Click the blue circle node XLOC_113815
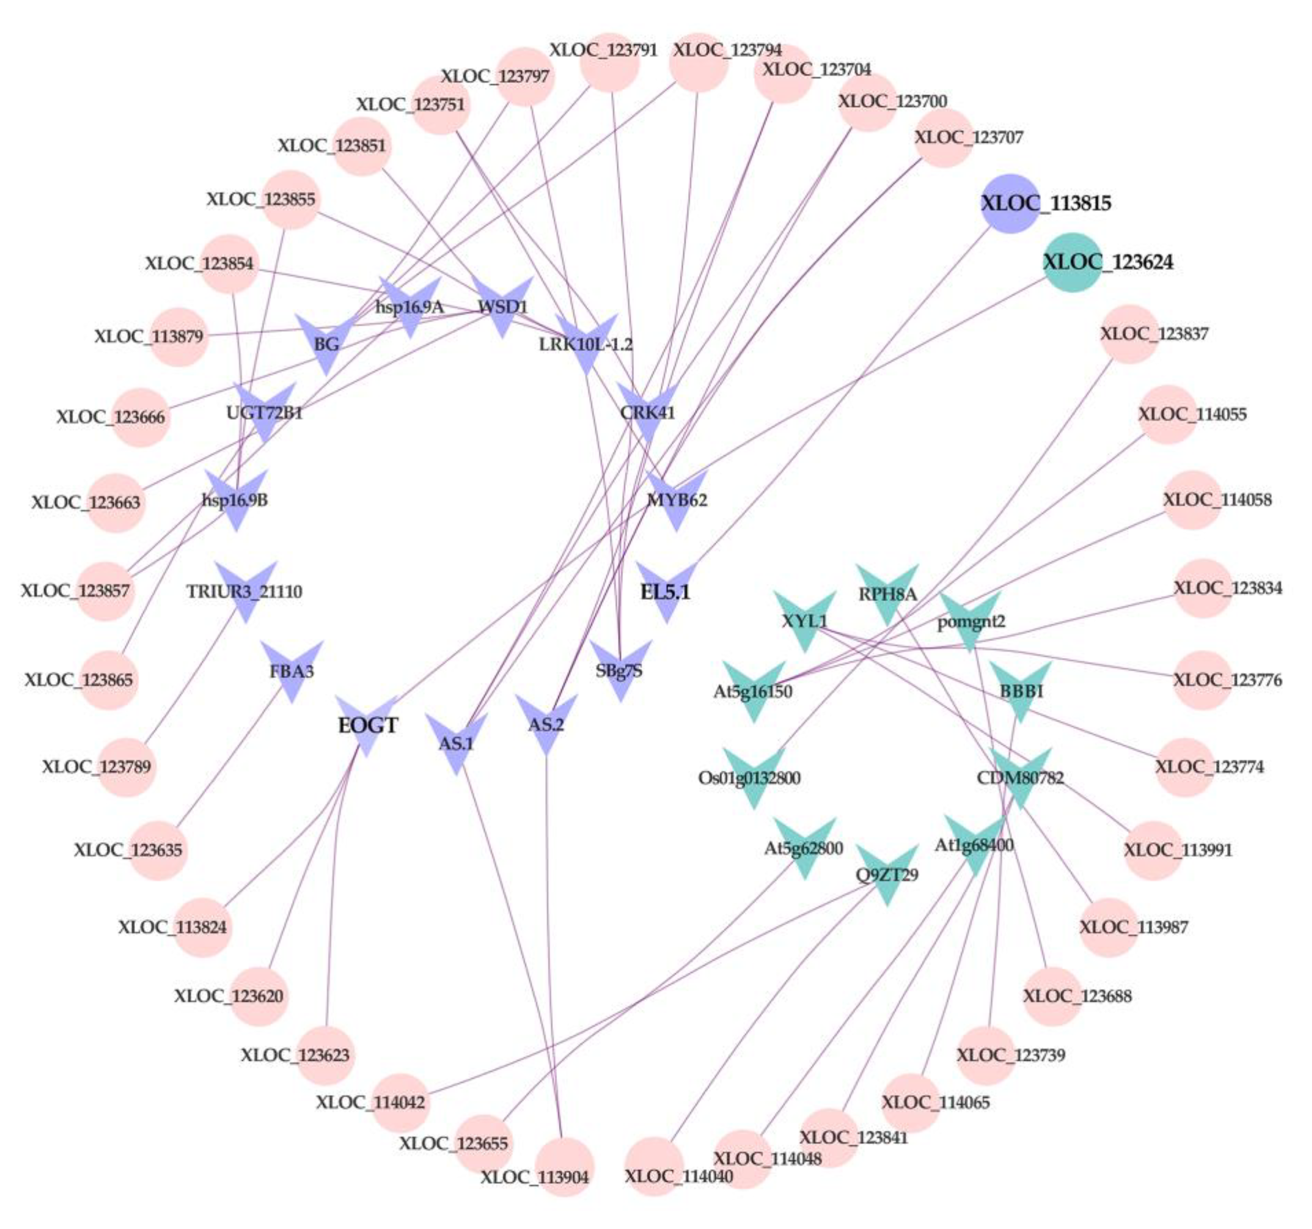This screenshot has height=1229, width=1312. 1010,203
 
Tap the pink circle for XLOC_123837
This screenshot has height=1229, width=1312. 1129,334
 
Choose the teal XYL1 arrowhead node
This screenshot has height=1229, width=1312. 804,619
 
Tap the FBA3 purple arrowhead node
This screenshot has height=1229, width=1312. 292,670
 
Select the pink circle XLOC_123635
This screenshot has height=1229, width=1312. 157,850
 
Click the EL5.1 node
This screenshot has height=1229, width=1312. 666,591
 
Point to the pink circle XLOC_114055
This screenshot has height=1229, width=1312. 1167,414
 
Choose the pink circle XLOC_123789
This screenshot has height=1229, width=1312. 127,767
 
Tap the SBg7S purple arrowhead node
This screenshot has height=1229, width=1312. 620,669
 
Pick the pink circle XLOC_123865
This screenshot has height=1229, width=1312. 109,680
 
